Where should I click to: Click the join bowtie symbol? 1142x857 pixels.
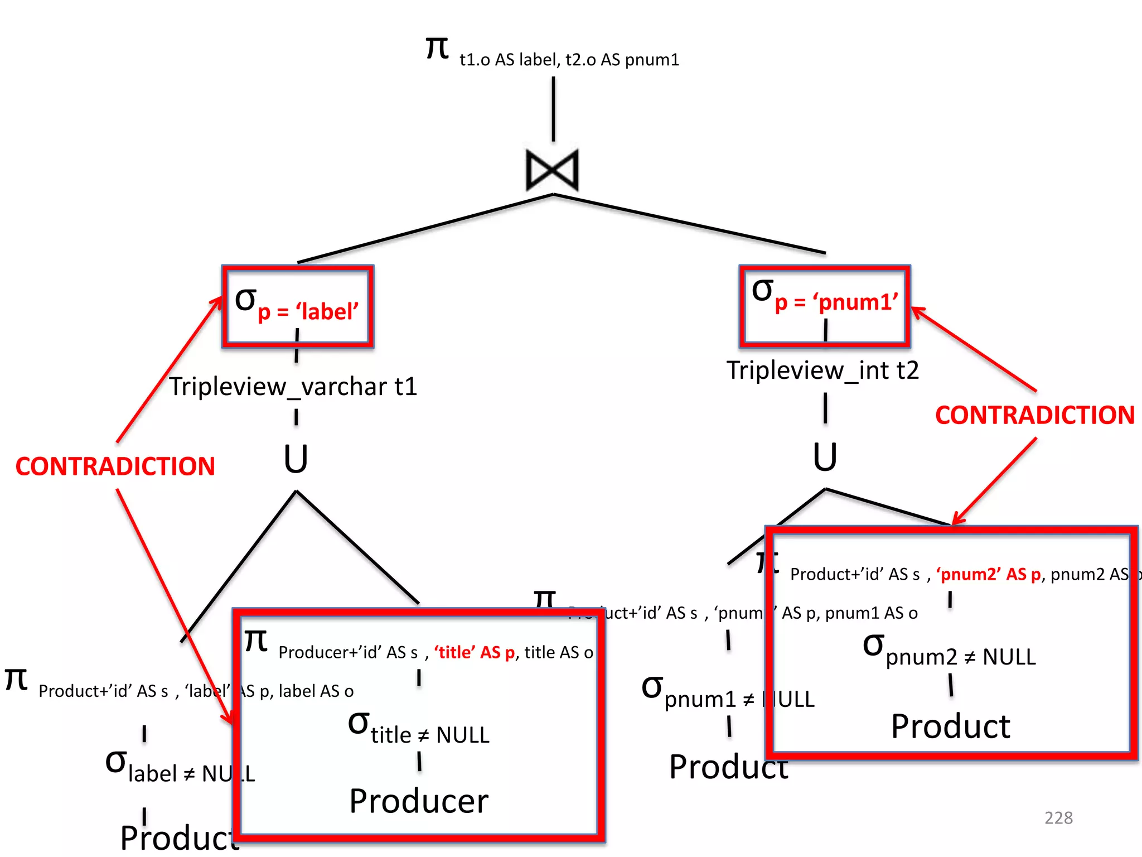pyautogui.click(x=552, y=170)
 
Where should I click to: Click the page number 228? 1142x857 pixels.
pyautogui.click(x=1058, y=817)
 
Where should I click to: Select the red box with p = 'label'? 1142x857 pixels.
pyautogui.click(x=298, y=306)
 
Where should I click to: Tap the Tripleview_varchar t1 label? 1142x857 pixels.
pyautogui.click(x=293, y=387)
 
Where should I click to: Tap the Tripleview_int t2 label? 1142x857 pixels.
pyautogui.click(x=822, y=370)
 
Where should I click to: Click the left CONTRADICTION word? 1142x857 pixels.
pyautogui.click(x=115, y=466)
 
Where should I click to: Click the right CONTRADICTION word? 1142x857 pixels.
pyautogui.click(x=1034, y=415)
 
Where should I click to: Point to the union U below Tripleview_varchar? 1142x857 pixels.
pyautogui.click(x=296, y=459)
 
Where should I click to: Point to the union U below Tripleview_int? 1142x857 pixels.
pyautogui.click(x=825, y=457)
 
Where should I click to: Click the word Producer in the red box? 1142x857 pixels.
pyautogui.click(x=419, y=801)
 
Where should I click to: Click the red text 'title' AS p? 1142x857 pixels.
pyautogui.click(x=475, y=652)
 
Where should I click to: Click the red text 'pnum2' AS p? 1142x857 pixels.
pyautogui.click(x=988, y=574)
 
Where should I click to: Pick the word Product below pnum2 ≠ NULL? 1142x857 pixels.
pyautogui.click(x=950, y=726)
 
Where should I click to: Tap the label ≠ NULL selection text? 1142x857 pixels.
pyautogui.click(x=180, y=768)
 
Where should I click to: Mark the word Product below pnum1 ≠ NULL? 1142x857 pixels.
pyautogui.click(x=728, y=767)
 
